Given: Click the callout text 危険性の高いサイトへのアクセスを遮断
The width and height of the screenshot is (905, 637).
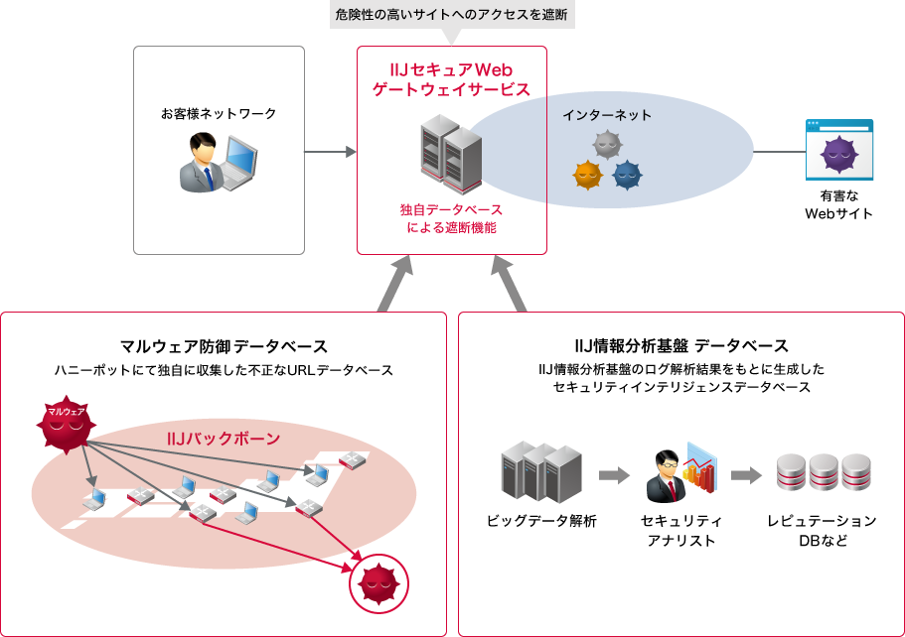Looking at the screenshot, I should [451, 17].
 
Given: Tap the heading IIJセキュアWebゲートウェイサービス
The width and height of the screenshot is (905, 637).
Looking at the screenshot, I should [451, 79].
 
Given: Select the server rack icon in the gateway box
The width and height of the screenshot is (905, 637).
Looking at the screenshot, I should [451, 154].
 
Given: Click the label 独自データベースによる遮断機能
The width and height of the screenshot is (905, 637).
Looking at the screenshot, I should [451, 218].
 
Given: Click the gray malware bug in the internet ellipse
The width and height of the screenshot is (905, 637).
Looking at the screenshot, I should [606, 146].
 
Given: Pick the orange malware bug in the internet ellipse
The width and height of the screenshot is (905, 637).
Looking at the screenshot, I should [587, 176].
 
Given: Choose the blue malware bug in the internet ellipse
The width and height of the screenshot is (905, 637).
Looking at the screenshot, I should [627, 176].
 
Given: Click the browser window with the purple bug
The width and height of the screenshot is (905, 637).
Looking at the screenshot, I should [839, 150].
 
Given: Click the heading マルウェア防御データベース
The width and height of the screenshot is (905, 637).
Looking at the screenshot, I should [224, 346].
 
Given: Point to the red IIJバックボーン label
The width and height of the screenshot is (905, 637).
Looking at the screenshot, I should [224, 439].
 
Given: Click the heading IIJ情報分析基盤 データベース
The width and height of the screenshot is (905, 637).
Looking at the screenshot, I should [681, 346].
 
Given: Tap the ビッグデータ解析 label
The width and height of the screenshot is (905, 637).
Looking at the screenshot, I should [541, 521].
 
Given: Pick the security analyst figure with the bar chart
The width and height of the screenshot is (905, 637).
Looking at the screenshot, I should [681, 474].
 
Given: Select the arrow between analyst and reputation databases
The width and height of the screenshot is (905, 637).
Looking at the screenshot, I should [746, 475].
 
